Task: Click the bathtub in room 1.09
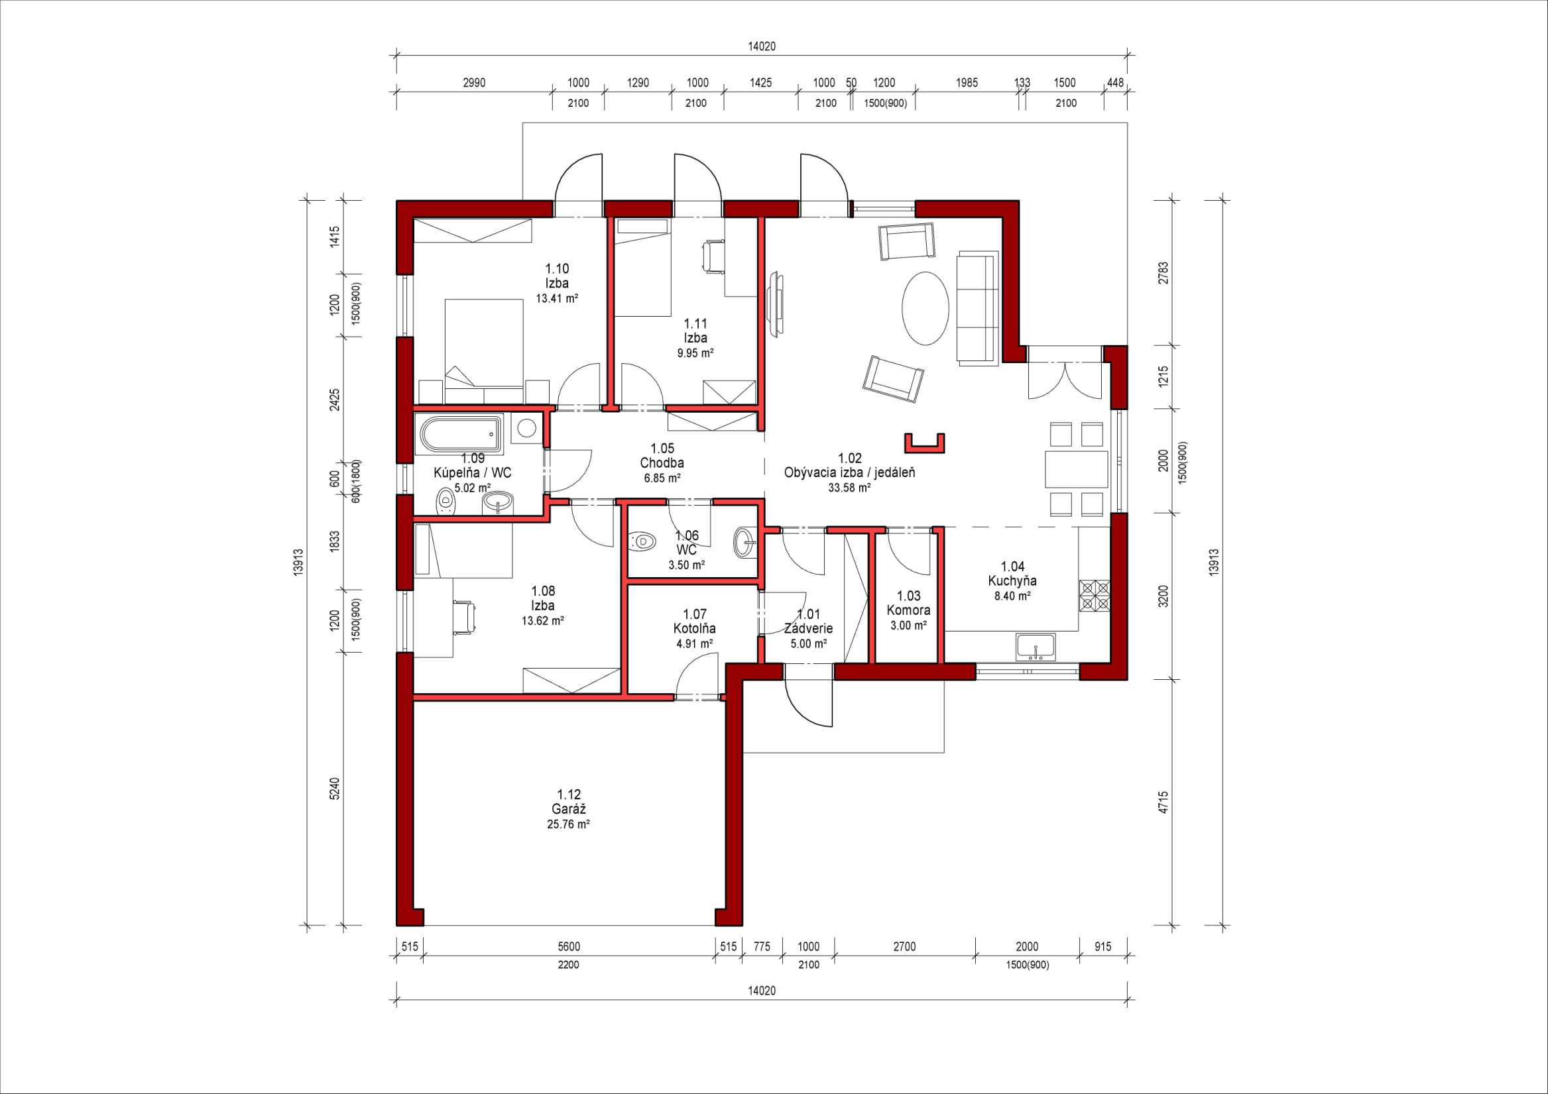tap(462, 434)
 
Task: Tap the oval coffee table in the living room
tap(925, 308)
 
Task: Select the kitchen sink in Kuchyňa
tap(1036, 647)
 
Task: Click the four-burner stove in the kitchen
tap(1095, 596)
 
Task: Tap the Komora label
tap(908, 610)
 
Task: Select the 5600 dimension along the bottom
tap(569, 946)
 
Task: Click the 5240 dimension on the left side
tap(335, 789)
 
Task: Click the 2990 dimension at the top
tap(474, 83)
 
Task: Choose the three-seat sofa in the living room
tap(979, 308)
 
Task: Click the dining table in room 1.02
tap(1077, 469)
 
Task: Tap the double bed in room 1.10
tap(484, 343)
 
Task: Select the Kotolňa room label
tap(694, 628)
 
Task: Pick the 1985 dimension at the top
tap(967, 83)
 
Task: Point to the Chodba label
tap(662, 463)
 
